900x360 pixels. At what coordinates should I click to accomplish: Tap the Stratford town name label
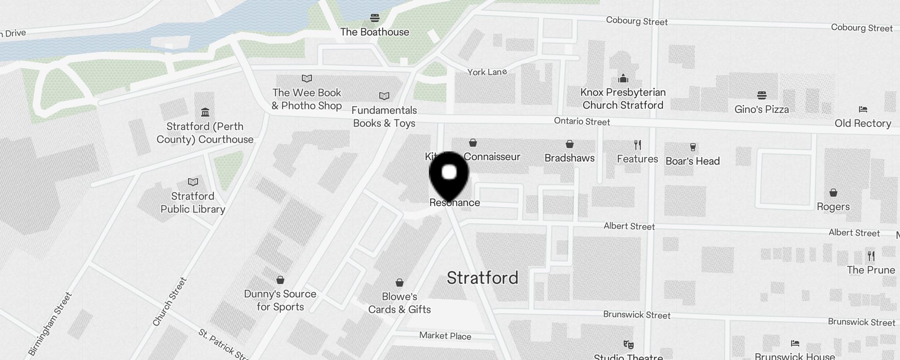tap(482, 278)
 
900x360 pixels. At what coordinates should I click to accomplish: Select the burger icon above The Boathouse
tap(375, 18)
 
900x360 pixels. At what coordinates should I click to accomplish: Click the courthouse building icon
tap(205, 112)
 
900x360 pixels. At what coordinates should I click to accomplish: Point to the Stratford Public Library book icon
tap(193, 182)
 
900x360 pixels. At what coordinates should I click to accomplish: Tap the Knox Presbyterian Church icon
tap(623, 78)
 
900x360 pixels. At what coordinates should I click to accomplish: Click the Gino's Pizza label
tap(761, 109)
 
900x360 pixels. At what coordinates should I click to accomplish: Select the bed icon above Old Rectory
tap(863, 109)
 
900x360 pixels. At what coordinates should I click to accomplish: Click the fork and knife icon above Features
tap(637, 145)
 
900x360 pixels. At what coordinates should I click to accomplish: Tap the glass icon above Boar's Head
tap(693, 147)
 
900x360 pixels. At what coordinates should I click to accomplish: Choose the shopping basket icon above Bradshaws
tap(570, 144)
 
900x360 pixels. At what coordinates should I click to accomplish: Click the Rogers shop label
tap(833, 207)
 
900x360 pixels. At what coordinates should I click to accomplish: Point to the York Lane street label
tap(487, 72)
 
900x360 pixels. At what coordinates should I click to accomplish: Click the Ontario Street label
tap(582, 121)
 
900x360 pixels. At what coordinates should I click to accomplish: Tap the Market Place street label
tap(445, 336)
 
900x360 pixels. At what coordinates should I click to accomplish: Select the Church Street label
tap(170, 301)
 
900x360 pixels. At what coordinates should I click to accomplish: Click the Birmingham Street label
tap(50, 324)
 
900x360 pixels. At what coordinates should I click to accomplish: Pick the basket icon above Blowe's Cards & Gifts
tap(400, 283)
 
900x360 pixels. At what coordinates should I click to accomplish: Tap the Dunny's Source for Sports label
tap(280, 300)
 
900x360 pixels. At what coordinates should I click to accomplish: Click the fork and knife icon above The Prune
tap(871, 256)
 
